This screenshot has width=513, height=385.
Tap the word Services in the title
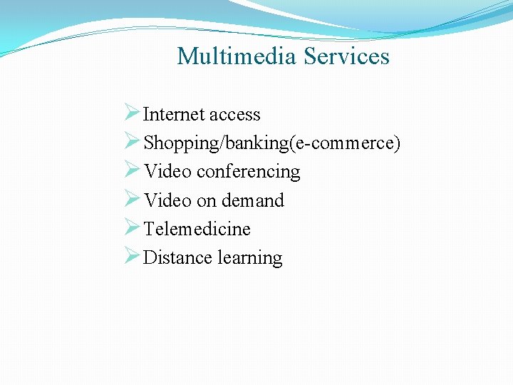pyautogui.click(x=346, y=56)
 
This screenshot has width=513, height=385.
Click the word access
pyautogui.click(x=234, y=115)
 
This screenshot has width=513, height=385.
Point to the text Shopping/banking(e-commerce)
pyautogui.click(x=272, y=143)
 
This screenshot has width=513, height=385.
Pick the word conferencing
pyautogui.click(x=248, y=172)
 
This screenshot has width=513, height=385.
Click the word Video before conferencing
pyautogui.click(x=167, y=172)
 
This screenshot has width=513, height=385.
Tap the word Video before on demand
pyautogui.click(x=167, y=200)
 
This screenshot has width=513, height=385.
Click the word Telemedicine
pyautogui.click(x=197, y=229)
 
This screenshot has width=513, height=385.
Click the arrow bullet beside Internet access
pyautogui.click(x=131, y=113)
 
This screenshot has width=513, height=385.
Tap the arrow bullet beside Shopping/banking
pyautogui.click(x=131, y=141)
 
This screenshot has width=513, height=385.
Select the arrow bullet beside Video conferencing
pyautogui.click(x=131, y=170)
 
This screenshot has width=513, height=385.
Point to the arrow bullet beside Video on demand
pyautogui.click(x=131, y=198)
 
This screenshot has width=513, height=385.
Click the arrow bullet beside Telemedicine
pyautogui.click(x=131, y=227)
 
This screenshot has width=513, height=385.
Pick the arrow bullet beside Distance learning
pyautogui.click(x=131, y=255)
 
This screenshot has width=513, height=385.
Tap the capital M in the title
pyautogui.click(x=187, y=56)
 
